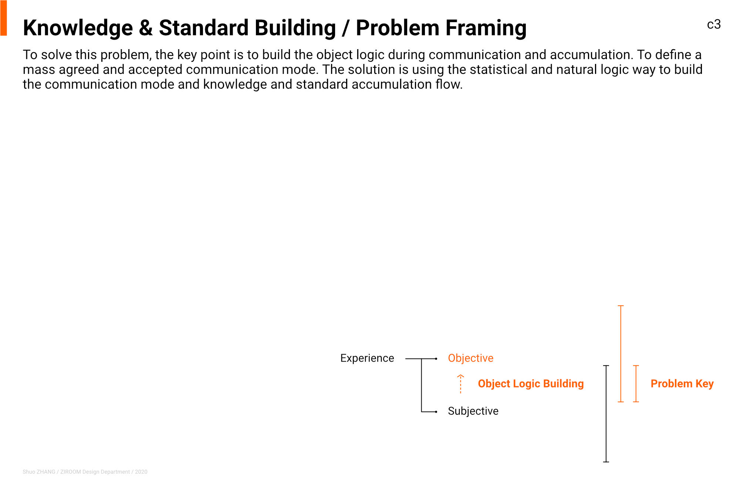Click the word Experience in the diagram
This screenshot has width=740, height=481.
coord(367,358)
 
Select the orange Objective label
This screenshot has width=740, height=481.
coord(470,358)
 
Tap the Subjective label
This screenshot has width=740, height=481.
coord(473,411)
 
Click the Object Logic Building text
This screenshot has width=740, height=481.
coord(531,384)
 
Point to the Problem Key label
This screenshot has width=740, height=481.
coord(682,384)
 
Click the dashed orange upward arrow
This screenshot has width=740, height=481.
coord(460,384)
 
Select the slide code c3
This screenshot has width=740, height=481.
coord(714,24)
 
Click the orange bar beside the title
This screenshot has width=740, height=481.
coord(4,18)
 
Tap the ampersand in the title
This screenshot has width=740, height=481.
coord(146,28)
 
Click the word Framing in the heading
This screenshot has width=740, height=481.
coord(486,29)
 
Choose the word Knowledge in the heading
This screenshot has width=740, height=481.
coord(78,29)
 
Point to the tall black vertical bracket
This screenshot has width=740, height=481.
coord(606,414)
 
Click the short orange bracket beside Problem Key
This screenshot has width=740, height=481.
coord(636,384)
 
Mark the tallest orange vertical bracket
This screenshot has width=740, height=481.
coord(621,354)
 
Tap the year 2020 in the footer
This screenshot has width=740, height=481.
coord(141,472)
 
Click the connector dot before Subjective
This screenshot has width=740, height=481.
coord(436,412)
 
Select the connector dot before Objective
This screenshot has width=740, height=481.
coord(436,359)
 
